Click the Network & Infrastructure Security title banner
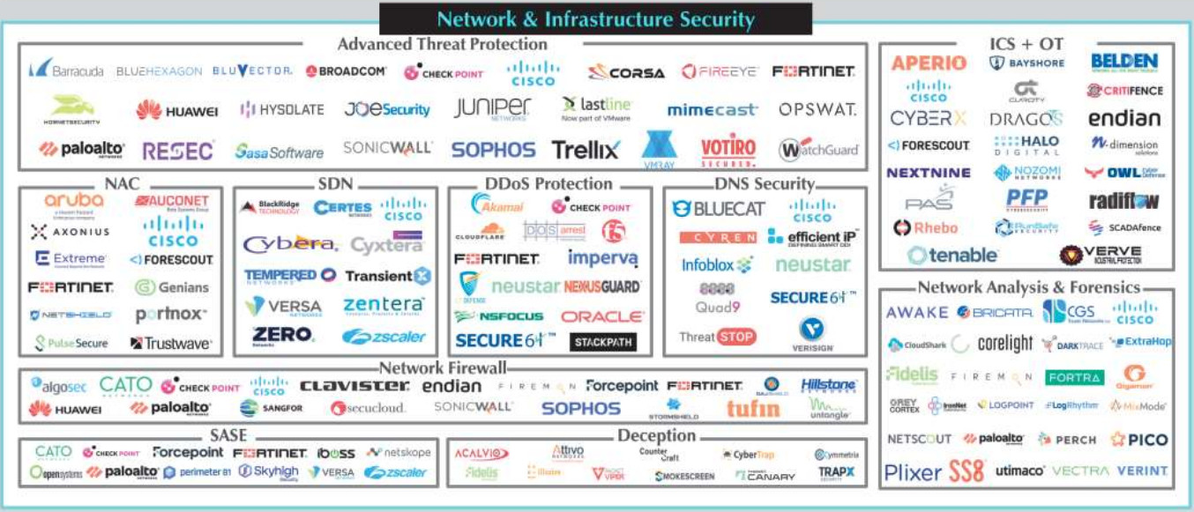click(596, 19)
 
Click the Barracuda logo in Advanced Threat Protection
click(66, 70)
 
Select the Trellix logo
click(586, 150)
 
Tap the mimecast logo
click(712, 110)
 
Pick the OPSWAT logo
click(817, 110)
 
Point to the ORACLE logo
click(602, 316)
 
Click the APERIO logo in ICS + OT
click(929, 63)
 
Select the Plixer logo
click(913, 472)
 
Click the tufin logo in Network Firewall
click(752, 408)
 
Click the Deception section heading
click(656, 435)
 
